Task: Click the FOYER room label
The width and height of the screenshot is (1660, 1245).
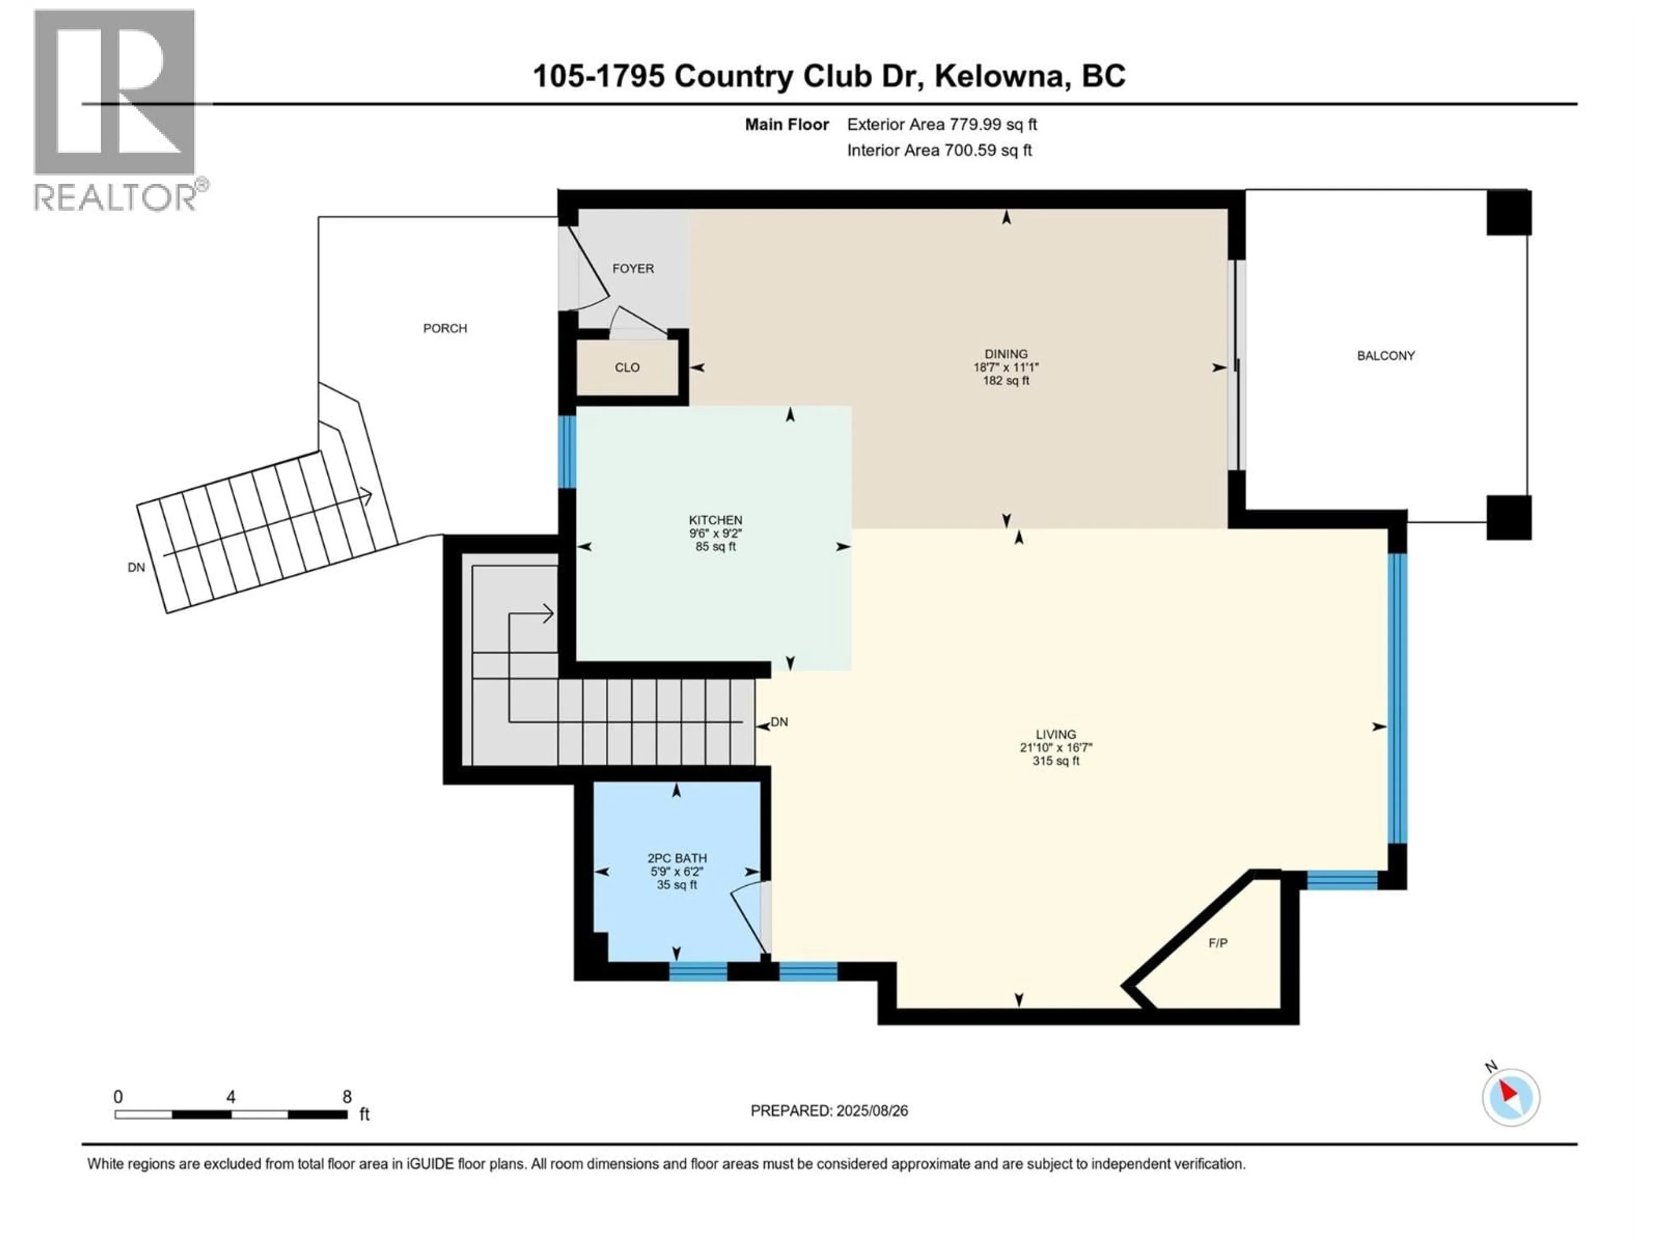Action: [x=632, y=268]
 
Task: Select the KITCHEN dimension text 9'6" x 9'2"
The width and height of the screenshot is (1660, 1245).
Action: [x=715, y=533]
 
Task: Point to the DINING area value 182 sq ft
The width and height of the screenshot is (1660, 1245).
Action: [x=1006, y=380]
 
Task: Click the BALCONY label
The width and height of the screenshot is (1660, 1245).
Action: [x=1385, y=356]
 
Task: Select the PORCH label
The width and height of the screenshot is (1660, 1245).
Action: [x=445, y=329]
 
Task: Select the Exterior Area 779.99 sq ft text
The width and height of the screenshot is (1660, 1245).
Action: [x=942, y=124]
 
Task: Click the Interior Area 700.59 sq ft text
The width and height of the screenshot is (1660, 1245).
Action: [x=939, y=150]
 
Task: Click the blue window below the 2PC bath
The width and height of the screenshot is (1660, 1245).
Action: [x=698, y=972]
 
